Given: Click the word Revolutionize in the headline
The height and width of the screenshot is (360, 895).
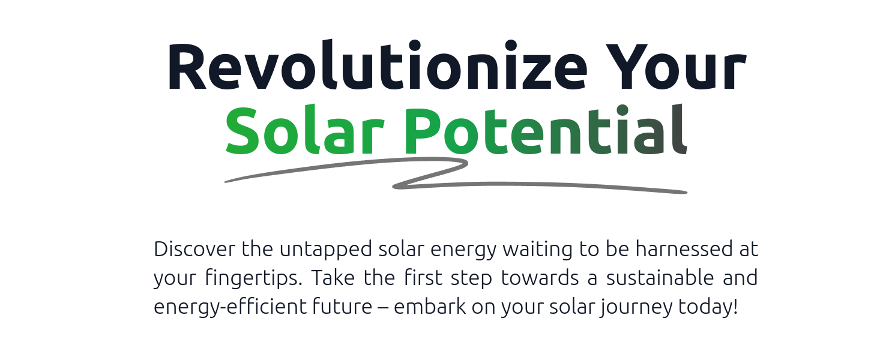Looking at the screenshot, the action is pos(377,65).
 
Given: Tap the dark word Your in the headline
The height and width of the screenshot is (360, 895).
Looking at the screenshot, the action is pos(676,67).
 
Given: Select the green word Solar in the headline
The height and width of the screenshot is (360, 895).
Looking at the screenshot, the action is pos(305,130).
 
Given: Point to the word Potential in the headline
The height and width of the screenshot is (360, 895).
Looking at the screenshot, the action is pos(546,130).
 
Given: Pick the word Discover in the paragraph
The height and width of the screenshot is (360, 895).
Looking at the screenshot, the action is pos(194,249).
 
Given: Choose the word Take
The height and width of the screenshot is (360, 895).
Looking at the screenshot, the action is pos(333,278).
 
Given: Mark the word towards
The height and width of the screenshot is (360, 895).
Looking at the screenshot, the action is pos(540,277).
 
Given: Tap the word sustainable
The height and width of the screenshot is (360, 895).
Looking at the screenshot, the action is pos(660,277).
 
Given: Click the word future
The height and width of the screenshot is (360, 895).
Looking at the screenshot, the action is pos(342,307).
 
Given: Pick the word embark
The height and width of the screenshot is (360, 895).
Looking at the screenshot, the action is pos(430,307).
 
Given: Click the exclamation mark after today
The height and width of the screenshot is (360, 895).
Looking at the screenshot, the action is pos(735,306).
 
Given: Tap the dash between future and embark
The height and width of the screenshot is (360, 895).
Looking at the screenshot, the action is pos(383,308).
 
